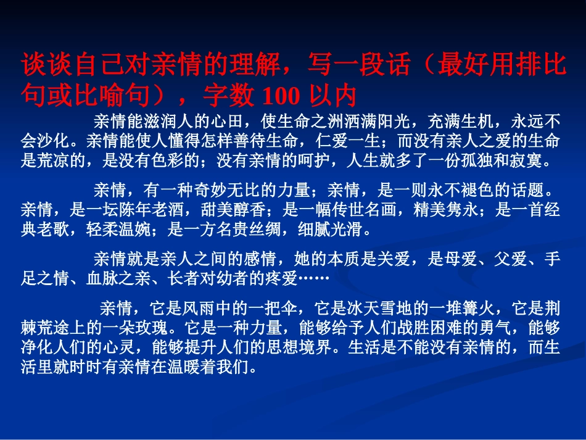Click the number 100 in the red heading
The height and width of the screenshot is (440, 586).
pos(283,96)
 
